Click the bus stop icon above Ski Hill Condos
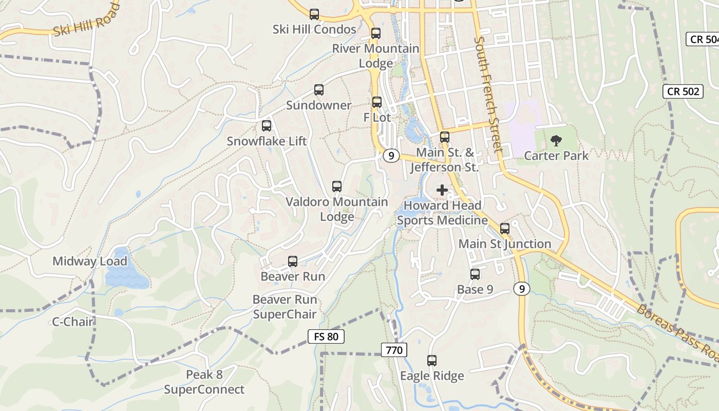click(314, 14)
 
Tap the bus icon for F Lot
click(377, 102)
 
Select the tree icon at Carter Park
click(556, 140)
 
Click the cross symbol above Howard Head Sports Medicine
click(442, 190)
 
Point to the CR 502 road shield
click(683, 91)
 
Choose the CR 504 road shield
click(703, 40)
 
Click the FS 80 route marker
click(326, 337)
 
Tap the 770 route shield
click(394, 350)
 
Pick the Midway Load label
click(90, 261)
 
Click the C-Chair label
click(73, 322)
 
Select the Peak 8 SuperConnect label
click(204, 382)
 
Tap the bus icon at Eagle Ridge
click(432, 361)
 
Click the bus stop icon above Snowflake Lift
click(267, 126)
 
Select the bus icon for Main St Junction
click(505, 229)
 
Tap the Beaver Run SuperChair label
click(285, 307)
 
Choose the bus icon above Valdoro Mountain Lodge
click(337, 186)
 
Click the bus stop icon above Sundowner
click(319, 90)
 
